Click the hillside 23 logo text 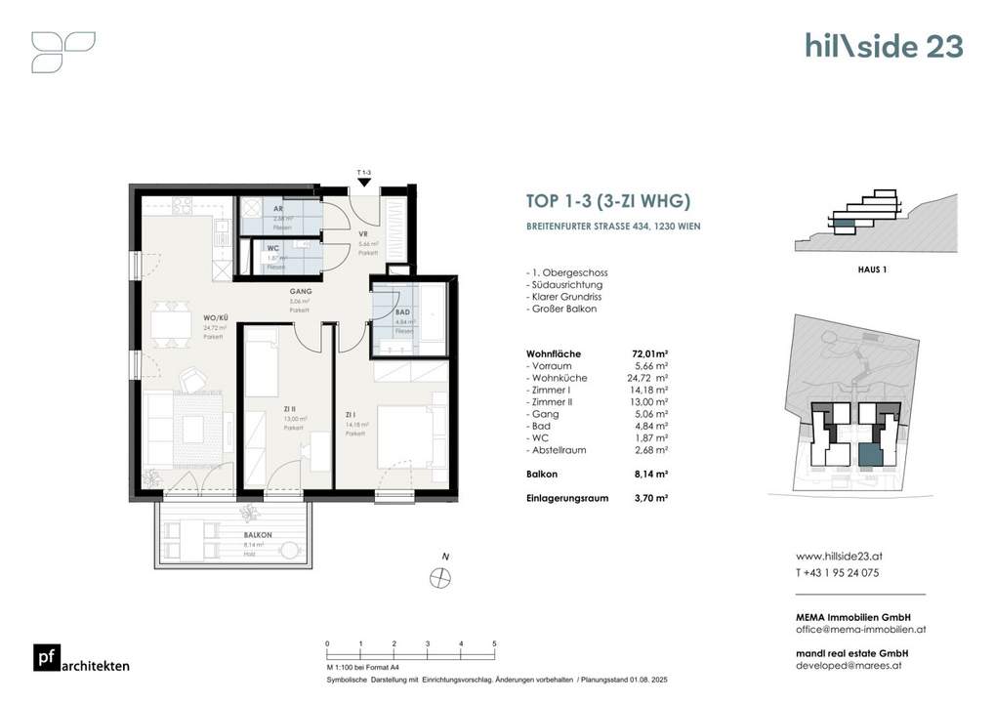tap(884, 46)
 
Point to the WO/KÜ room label tap(216, 318)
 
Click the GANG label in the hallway tap(300, 292)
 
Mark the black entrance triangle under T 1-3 tap(364, 182)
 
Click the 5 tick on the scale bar tap(494, 643)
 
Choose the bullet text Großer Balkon tap(560, 309)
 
